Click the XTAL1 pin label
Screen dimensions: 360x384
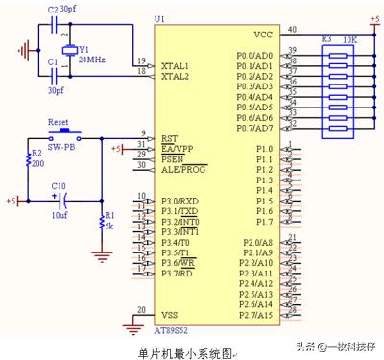pos(176,63)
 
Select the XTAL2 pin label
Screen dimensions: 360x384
pos(176,74)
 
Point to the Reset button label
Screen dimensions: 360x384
pos(60,123)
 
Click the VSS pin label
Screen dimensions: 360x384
pos(169,315)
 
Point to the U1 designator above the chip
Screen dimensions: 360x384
pos(159,19)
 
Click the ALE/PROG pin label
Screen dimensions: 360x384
pos(184,168)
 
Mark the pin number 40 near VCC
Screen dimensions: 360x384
pos(291,29)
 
